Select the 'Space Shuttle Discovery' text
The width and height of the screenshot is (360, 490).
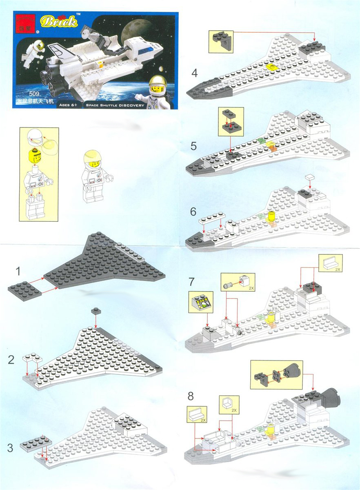click(115, 105)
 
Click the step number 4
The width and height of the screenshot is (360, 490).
click(194, 73)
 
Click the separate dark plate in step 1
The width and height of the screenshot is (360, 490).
click(25, 292)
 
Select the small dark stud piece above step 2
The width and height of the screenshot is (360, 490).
click(96, 311)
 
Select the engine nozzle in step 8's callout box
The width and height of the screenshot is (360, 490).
click(291, 372)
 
